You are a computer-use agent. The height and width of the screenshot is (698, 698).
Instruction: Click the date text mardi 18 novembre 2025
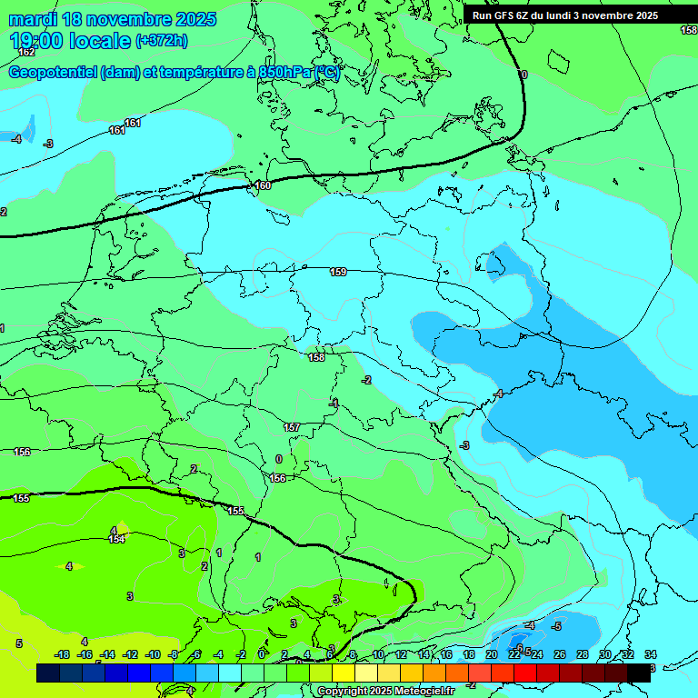coord(113,19)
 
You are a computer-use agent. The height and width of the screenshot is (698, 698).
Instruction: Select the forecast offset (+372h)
coord(161,41)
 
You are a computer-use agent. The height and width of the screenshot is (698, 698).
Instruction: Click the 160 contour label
coord(263,185)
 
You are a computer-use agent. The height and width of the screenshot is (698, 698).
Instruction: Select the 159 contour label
coord(338,272)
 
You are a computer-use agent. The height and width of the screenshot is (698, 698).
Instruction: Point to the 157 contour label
coord(292,427)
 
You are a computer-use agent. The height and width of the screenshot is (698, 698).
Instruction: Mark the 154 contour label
coord(116,539)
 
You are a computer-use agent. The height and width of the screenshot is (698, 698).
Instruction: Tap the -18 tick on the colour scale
coord(62,654)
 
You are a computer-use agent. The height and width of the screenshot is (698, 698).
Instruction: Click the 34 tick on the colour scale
coord(650,654)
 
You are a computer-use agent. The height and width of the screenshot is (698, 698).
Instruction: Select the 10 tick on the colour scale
coord(377,654)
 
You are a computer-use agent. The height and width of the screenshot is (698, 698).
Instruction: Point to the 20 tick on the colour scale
coord(491,654)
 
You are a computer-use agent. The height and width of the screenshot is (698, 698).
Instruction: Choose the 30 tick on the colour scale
coord(604,654)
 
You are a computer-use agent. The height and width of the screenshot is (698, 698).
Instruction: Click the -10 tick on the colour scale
coord(152,654)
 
